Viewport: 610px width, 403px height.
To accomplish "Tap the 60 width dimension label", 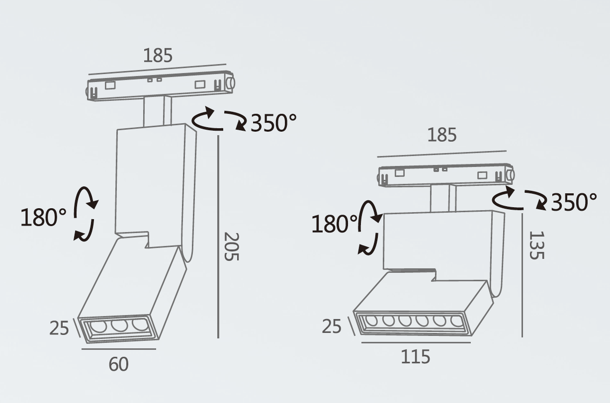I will click(x=118, y=364).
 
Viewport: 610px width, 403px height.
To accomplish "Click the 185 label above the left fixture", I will click(x=158, y=55).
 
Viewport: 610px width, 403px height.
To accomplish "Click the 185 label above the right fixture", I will click(x=442, y=135).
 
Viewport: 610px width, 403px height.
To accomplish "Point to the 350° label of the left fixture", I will click(x=273, y=123).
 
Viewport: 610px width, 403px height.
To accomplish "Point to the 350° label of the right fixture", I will click(x=574, y=202).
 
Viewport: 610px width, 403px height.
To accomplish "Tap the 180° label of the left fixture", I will click(x=43, y=217).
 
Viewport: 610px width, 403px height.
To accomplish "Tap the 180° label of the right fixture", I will click(x=334, y=224).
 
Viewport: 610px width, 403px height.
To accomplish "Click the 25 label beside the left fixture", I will click(x=59, y=328).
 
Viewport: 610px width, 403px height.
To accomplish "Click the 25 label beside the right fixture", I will click(x=332, y=326).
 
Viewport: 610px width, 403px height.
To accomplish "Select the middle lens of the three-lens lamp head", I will click(x=118, y=326).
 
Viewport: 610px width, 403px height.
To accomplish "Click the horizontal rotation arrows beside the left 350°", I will click(x=219, y=121).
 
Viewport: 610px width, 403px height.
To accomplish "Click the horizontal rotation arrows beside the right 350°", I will click(x=519, y=199).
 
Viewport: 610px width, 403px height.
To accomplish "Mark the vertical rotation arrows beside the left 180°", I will click(x=85, y=214).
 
